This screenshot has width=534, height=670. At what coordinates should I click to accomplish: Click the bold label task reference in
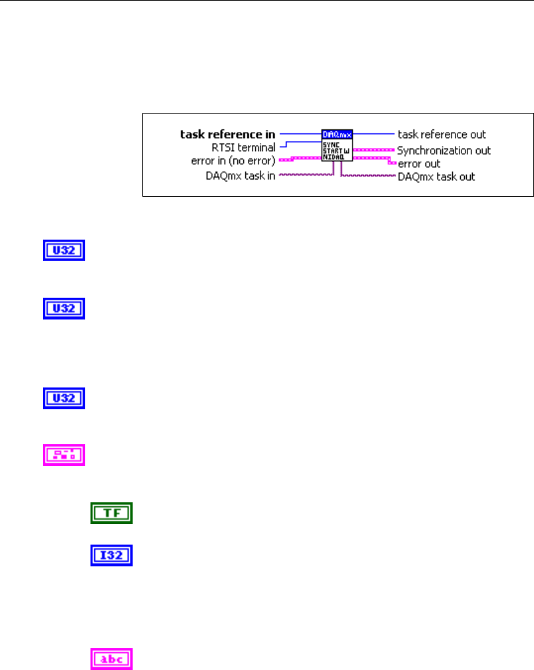(x=228, y=134)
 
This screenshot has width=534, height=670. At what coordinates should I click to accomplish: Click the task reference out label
(x=442, y=134)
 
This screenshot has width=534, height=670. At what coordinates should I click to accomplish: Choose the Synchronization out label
(x=444, y=150)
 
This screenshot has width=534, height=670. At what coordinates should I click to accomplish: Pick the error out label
(x=419, y=163)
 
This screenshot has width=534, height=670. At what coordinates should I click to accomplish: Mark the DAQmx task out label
(x=436, y=176)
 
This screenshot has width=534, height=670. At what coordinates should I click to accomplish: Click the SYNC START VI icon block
(x=337, y=148)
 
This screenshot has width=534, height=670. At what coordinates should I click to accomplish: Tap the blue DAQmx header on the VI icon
(x=337, y=134)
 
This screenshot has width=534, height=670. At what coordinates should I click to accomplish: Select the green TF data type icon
(x=111, y=513)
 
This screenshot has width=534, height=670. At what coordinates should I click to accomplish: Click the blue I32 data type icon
(x=111, y=555)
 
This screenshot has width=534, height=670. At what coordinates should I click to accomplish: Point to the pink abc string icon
(x=111, y=659)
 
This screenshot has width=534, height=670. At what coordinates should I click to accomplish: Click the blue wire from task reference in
(x=300, y=134)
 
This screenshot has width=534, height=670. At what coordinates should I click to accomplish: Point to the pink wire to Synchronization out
(x=373, y=150)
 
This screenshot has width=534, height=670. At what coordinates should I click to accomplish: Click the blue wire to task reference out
(x=373, y=134)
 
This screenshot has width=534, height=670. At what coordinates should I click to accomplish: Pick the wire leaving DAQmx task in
(x=303, y=175)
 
